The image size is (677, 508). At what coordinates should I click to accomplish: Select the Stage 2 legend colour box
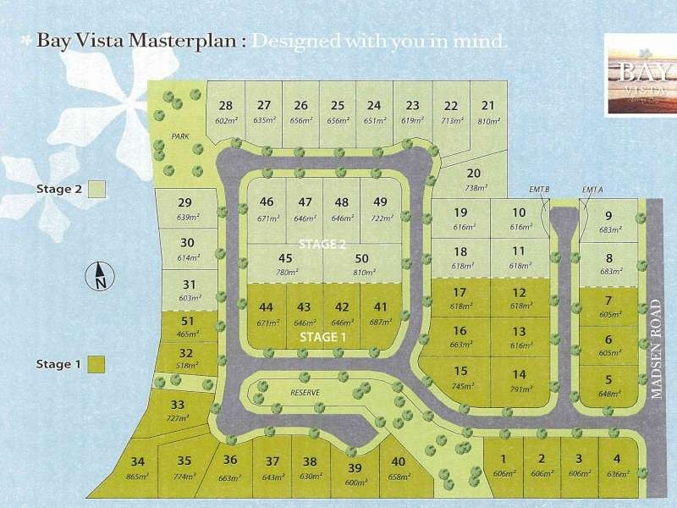click(x=98, y=190)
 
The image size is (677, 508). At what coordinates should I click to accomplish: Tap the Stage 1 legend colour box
click(x=98, y=364)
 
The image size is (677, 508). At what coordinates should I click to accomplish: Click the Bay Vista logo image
click(x=639, y=74)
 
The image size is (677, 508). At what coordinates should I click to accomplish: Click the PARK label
click(x=179, y=136)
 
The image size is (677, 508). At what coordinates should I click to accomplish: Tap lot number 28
click(x=225, y=106)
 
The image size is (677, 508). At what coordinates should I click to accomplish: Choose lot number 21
click(x=487, y=106)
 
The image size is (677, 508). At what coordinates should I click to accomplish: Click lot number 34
click(x=139, y=461)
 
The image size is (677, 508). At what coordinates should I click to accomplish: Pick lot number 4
click(x=618, y=459)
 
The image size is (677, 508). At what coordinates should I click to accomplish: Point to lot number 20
click(x=474, y=173)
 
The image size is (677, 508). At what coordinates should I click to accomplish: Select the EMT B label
click(x=542, y=189)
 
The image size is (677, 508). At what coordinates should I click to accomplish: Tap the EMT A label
click(x=592, y=189)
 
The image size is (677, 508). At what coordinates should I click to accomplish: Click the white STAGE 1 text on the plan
click(x=322, y=337)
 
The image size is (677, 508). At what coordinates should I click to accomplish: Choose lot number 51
click(x=188, y=321)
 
